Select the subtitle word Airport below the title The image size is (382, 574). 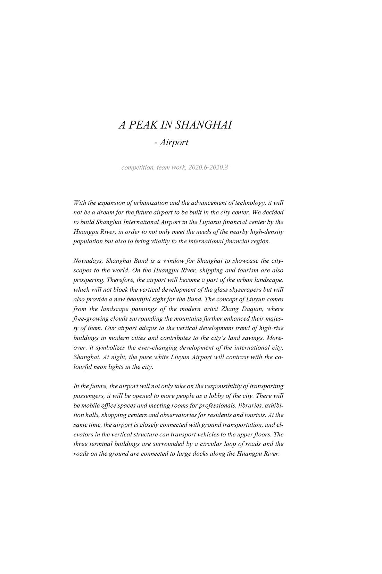coord(174,142)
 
